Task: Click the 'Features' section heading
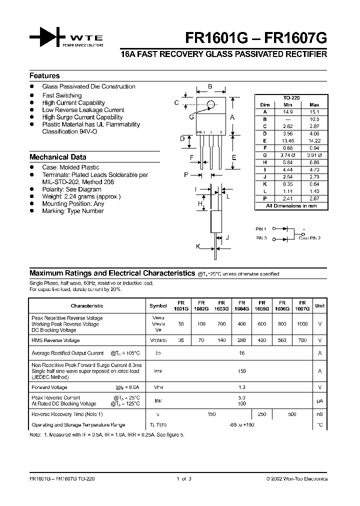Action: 44,76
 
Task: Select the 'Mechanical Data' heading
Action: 57,157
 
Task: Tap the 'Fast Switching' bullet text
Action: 62,95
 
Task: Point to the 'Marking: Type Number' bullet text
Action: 73,211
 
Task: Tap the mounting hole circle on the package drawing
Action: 211,104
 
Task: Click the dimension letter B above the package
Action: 210,86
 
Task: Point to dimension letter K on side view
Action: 197,246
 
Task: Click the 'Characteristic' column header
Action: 87,305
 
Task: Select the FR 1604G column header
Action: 241,305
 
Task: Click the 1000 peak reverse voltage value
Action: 302,324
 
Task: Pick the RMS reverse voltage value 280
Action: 241,340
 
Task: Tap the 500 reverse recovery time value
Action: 292,414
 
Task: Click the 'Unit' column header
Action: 319,305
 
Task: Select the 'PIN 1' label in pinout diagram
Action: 261,228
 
